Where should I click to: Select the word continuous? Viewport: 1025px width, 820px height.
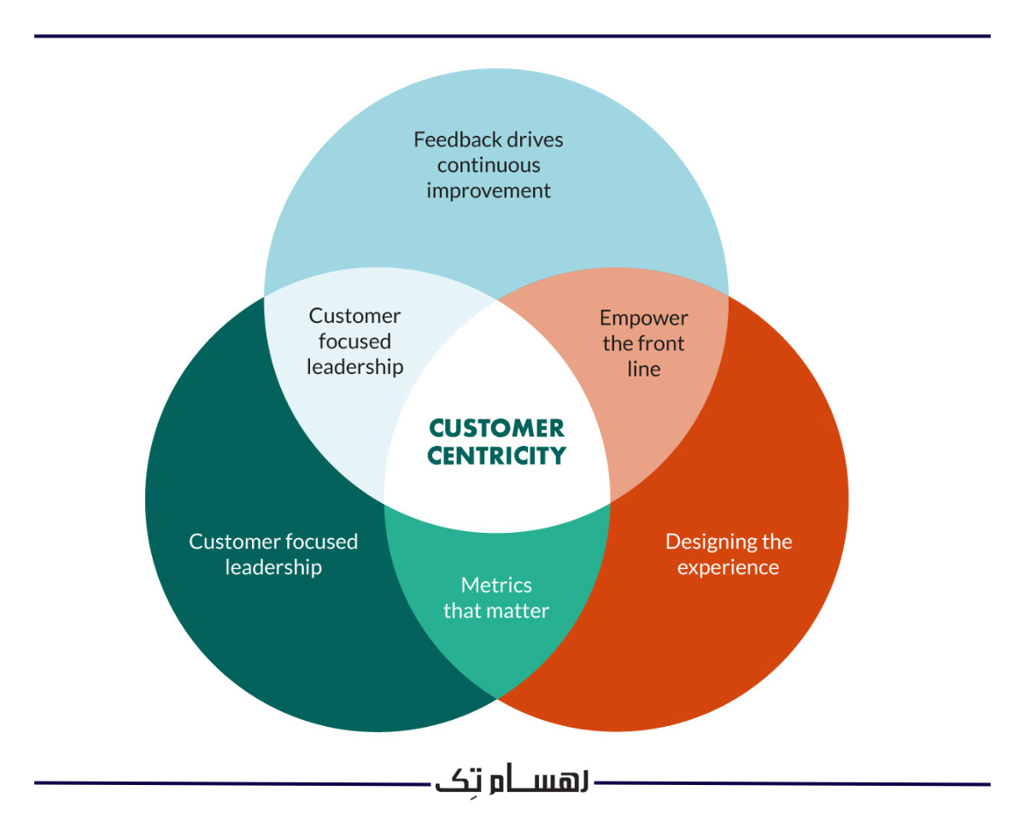[x=489, y=165]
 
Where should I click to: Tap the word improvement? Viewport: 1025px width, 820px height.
[x=489, y=190]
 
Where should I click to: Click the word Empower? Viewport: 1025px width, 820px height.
[x=643, y=319]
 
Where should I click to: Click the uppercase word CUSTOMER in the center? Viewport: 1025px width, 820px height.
[x=496, y=428]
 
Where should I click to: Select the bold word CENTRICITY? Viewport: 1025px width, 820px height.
[x=496, y=456]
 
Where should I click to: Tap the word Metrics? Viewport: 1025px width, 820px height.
[x=496, y=585]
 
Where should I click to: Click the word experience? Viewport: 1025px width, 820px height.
[x=728, y=567]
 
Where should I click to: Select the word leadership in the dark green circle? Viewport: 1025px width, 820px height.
[x=273, y=567]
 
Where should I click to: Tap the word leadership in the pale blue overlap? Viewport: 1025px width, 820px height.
[x=354, y=367]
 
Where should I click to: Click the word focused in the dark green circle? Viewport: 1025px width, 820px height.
[x=322, y=542]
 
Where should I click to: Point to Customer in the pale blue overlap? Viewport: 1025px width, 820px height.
[x=354, y=316]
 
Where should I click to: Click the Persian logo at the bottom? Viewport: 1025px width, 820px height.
[x=512, y=782]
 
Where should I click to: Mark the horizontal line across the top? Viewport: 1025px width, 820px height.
[x=512, y=36]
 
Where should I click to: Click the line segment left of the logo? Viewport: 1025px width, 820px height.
[x=231, y=782]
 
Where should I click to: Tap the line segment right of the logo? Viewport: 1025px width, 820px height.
[x=794, y=783]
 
